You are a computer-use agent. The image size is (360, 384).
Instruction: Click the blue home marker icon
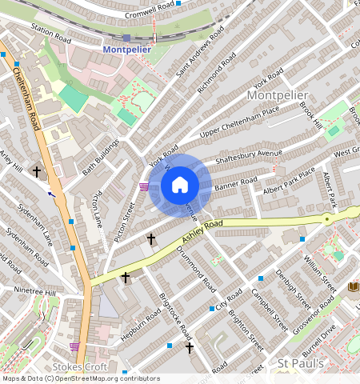coord(180,185)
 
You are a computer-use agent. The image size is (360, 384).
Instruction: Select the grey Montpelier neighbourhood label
coord(278,95)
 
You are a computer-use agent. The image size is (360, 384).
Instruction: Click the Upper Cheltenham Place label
coord(239,121)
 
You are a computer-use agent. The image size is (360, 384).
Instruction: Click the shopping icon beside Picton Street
coord(144,187)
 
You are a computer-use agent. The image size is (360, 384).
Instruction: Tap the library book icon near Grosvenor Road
coord(353,286)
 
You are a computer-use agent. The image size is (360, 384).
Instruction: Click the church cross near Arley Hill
coord(36,171)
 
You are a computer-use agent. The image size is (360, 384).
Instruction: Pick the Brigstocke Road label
coord(174,313)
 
